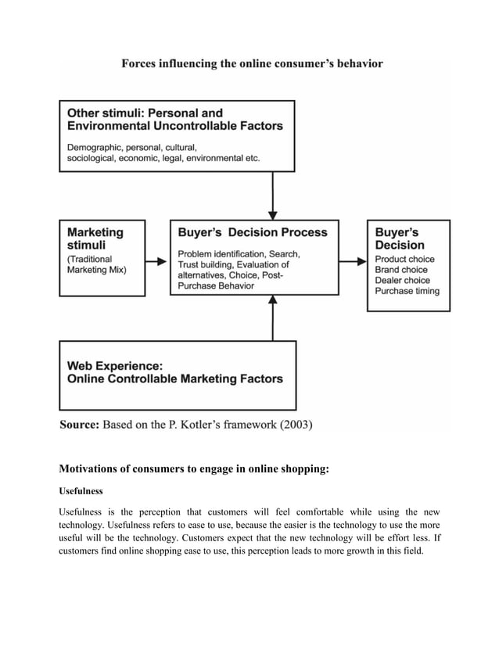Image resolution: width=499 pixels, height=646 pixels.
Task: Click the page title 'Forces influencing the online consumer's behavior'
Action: tap(252, 63)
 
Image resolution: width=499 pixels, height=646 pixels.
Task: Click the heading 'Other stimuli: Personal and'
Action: tap(145, 113)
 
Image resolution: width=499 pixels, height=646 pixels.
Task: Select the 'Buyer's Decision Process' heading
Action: tap(253, 232)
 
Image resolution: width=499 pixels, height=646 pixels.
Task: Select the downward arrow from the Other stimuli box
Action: tap(273, 196)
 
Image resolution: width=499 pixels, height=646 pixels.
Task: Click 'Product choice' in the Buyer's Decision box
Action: tap(404, 259)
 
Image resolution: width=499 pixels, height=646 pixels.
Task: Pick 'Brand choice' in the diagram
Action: tap(401, 270)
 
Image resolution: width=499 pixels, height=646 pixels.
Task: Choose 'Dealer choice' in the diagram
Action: tap(402, 280)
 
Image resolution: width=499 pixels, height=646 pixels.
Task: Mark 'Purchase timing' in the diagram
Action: tap(407, 291)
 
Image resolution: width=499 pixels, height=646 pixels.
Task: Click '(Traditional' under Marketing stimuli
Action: tap(89, 259)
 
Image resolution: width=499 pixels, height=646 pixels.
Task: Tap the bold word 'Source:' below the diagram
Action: tap(80, 425)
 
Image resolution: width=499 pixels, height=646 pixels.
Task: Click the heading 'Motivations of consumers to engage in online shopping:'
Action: tap(194, 469)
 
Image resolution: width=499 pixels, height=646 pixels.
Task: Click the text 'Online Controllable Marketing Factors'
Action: tap(175, 379)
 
